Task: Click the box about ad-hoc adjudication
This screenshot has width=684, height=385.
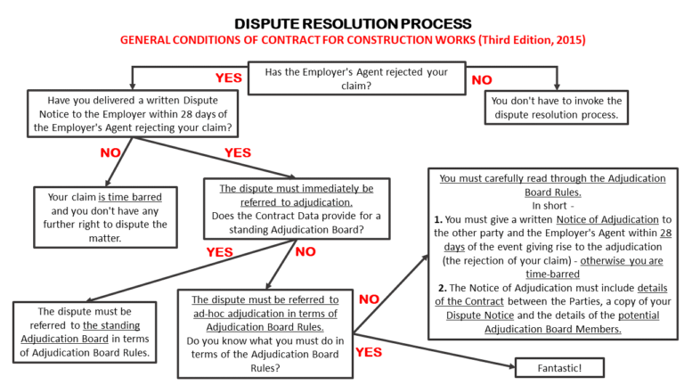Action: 265,332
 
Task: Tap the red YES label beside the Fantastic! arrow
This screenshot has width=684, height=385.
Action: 369,351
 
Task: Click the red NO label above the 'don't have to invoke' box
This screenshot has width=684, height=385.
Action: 482,80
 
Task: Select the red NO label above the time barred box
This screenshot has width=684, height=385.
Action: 110,153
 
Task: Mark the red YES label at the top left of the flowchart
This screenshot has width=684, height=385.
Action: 229,78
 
